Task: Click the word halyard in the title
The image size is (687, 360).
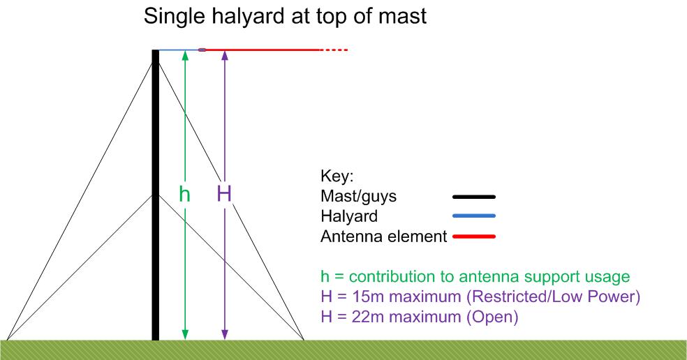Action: [x=248, y=17]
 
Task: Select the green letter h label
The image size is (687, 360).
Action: [x=184, y=193]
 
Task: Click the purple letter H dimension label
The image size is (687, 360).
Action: [x=224, y=193]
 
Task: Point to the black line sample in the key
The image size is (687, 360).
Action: [x=473, y=197]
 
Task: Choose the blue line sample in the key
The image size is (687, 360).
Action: [x=473, y=216]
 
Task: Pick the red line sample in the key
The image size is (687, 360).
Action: [x=473, y=237]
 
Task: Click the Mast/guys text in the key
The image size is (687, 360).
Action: [x=358, y=196]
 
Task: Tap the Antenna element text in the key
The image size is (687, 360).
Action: [x=384, y=237]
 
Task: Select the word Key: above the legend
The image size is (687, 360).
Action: [x=337, y=176]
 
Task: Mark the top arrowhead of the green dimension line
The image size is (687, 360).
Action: [x=185, y=54]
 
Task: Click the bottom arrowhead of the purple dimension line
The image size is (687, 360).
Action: [x=224, y=335]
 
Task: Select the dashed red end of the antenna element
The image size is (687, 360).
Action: [x=334, y=50]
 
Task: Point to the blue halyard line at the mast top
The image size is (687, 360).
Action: [x=179, y=50]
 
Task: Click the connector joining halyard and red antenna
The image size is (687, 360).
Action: [x=202, y=50]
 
